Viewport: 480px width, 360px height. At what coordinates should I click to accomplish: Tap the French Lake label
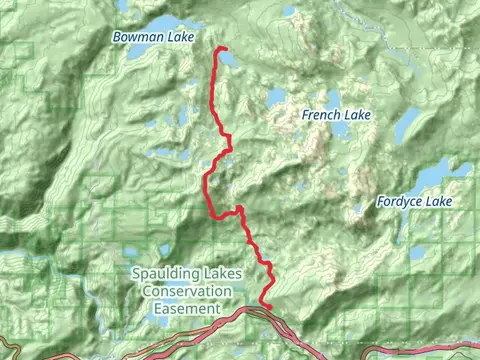click(336, 116)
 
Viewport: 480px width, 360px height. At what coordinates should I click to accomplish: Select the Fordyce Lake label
click(414, 202)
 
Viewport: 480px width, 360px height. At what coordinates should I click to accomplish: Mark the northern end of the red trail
click(217, 49)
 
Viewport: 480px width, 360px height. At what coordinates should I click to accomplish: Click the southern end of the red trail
click(267, 306)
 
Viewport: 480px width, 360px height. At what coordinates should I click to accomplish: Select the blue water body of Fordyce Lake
click(440, 176)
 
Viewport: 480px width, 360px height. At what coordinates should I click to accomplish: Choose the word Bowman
click(132, 37)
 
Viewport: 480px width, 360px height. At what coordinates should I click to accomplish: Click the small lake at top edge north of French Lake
click(289, 12)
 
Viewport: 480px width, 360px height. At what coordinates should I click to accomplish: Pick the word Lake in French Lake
click(357, 116)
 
